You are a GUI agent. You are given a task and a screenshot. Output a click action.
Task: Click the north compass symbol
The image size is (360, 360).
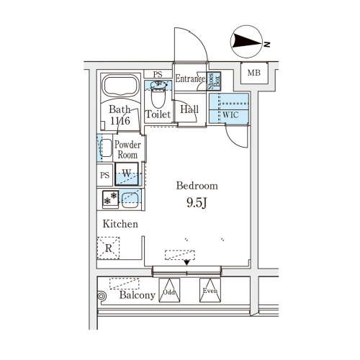pos(247,42)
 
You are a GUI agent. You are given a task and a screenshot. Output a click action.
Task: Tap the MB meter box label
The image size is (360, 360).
pos(254,73)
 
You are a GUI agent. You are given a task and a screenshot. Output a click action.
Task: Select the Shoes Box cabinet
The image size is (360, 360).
pos(214,81)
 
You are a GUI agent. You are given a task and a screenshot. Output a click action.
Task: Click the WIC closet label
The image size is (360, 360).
pos(230,114)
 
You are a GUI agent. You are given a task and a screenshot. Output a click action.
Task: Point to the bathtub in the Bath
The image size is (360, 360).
pos(121,86)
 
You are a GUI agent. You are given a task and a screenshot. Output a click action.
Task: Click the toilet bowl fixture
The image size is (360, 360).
pos(158,94)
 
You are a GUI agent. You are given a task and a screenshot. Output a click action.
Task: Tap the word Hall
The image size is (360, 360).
pos(189,109)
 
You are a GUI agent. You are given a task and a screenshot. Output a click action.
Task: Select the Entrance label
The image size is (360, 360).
pos(190,78)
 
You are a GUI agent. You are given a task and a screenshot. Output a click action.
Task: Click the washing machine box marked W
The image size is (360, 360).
pos(127,174)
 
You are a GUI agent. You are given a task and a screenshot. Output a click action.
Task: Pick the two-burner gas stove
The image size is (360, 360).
pos(110,199)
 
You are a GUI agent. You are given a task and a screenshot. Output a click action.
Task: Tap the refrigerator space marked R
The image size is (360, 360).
pos(108,248)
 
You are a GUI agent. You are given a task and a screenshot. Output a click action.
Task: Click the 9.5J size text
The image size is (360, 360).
pos(197,203)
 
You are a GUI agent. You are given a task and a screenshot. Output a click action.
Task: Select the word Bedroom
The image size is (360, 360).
pos(197,186)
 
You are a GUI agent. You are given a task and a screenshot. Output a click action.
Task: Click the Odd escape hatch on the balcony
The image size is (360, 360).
pos(169,290)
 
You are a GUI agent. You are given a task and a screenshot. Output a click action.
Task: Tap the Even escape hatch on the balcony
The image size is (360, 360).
pos(210,290)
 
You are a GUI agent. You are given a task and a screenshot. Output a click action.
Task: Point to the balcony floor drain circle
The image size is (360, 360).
pos(102,296)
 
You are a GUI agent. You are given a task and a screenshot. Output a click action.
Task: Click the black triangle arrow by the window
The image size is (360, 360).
pos(186,263)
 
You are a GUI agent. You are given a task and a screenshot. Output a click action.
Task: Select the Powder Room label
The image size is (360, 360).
pos(127,150)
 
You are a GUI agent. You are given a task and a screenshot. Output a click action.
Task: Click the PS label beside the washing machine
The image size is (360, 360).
pos(104,175)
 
